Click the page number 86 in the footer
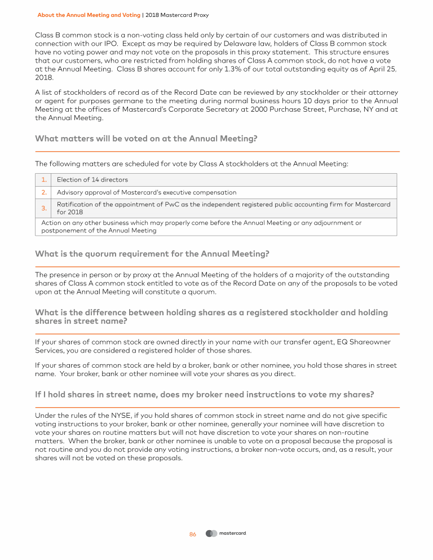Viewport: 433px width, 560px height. [x=193, y=535]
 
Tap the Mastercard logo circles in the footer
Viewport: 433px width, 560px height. [x=211, y=533]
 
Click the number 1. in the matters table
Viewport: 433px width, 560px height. [x=43, y=180]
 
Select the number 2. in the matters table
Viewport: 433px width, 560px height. [x=43, y=192]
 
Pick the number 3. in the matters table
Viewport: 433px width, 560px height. [x=43, y=208]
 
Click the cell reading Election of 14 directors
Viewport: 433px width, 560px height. [x=92, y=180]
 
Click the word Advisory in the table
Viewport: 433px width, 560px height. [x=70, y=192]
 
